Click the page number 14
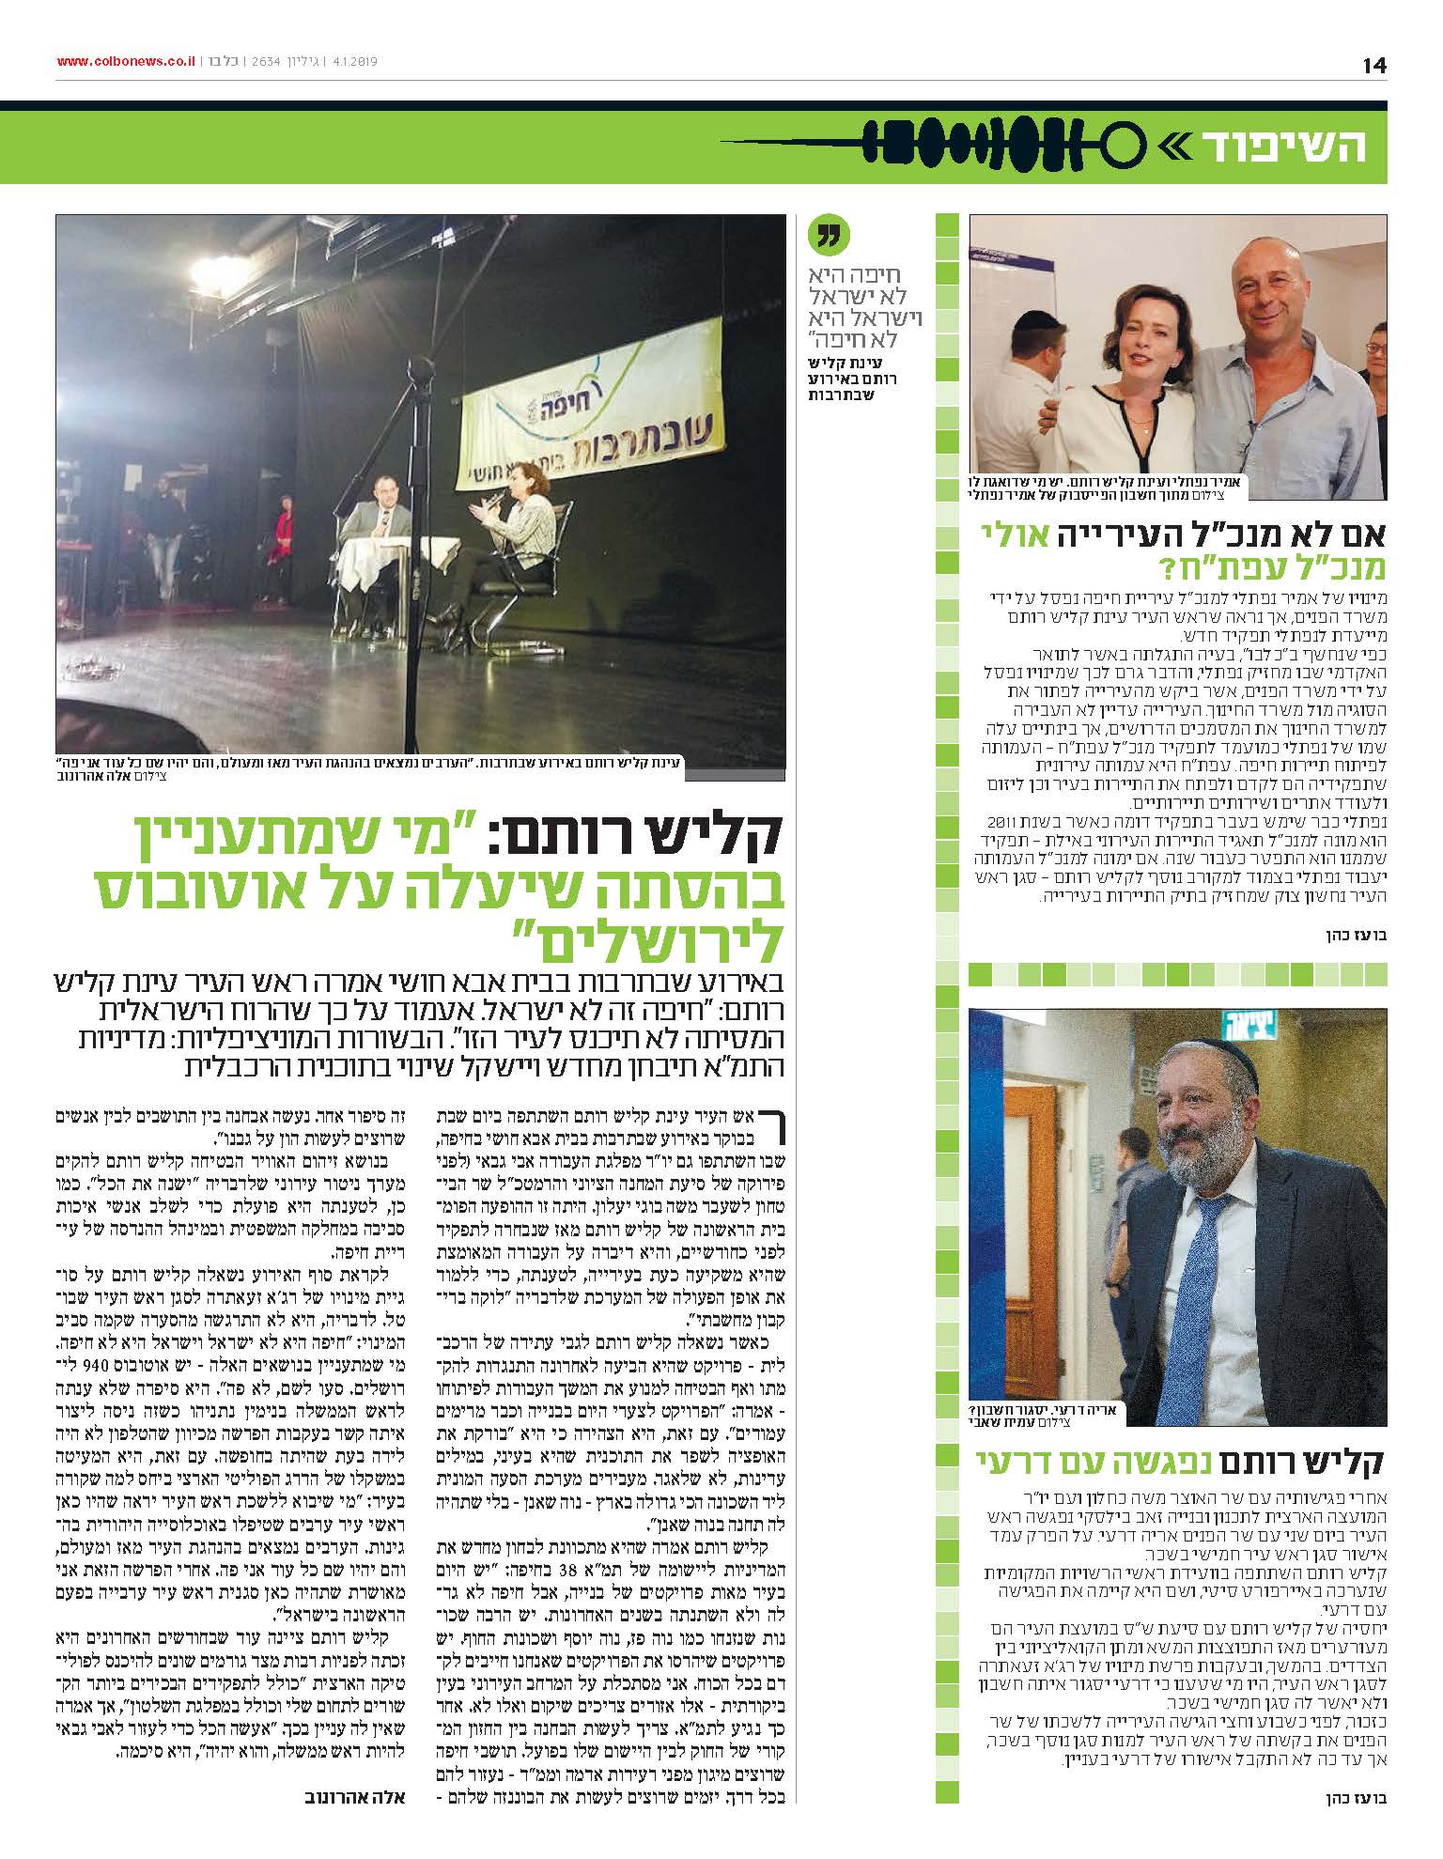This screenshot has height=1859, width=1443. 1374,65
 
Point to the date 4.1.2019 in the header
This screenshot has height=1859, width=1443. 349,62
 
